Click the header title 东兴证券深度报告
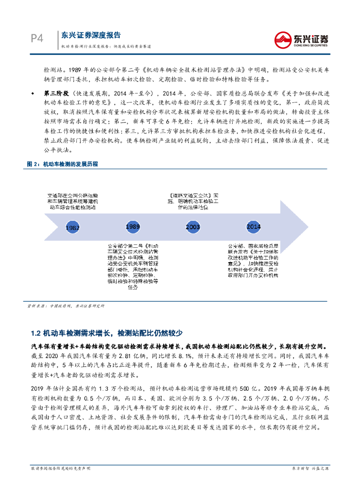91,35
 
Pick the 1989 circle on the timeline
134,226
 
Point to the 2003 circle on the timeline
193,227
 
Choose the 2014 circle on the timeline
253,226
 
